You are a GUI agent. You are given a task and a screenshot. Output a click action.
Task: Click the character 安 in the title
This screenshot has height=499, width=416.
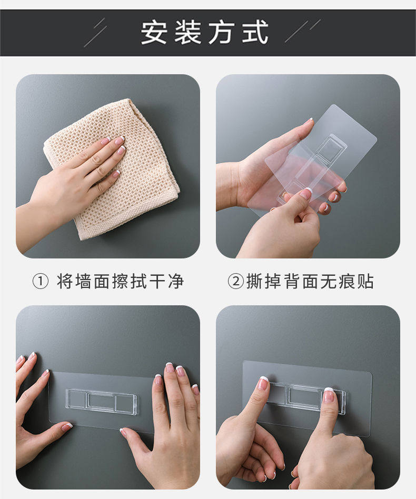[x=154, y=33]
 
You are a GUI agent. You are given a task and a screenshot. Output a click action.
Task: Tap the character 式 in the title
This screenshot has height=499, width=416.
[x=255, y=33]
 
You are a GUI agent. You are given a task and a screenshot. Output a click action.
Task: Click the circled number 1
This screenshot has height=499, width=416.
[x=41, y=281]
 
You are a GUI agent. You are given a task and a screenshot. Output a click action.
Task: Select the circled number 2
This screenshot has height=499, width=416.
[x=236, y=281]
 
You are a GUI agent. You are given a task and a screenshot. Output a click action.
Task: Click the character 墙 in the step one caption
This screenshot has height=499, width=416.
[x=83, y=281]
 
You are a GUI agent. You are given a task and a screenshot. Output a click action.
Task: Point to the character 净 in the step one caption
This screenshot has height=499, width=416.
[x=176, y=281]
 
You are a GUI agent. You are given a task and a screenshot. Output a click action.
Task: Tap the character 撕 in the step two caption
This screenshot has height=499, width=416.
[x=254, y=281]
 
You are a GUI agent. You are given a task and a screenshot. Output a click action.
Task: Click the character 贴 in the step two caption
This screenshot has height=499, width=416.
[x=365, y=281]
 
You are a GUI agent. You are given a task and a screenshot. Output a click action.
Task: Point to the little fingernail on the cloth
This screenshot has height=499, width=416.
[x=116, y=174]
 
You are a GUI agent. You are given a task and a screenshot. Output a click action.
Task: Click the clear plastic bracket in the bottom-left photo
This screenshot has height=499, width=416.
[x=102, y=402]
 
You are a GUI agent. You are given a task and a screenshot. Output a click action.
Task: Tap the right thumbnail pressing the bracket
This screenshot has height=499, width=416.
[x=329, y=395]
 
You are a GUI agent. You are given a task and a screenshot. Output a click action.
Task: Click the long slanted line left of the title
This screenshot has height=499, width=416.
[x=95, y=36]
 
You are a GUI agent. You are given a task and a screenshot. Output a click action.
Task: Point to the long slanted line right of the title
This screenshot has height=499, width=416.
[x=296, y=32]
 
